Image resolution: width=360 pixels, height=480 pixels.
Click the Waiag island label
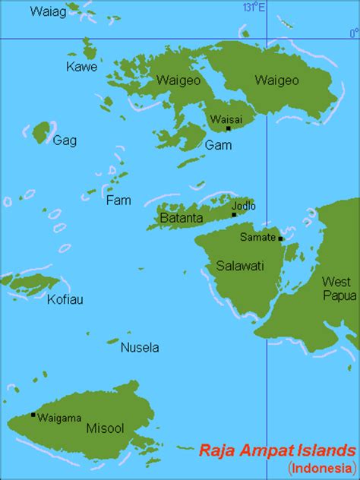[46, 11]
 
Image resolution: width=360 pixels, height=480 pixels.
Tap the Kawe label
[82, 68]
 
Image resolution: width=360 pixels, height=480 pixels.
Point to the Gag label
[64, 140]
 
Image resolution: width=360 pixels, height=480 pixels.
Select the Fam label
[118, 201]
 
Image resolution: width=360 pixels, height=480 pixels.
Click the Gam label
[214, 144]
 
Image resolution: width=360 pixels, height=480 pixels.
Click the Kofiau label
[65, 299]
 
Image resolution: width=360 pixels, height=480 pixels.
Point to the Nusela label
[140, 348]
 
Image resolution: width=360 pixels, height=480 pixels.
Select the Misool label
[102, 428]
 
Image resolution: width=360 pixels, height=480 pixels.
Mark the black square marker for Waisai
[228, 128]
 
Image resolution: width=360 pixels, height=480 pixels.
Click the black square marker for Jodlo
[234, 214]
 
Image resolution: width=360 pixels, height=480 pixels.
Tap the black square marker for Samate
[281, 238]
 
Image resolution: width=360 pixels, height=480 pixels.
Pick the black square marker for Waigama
[33, 415]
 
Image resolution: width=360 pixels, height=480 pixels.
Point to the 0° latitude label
[353, 32]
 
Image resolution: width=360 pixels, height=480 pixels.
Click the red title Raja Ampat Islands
[277, 450]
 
